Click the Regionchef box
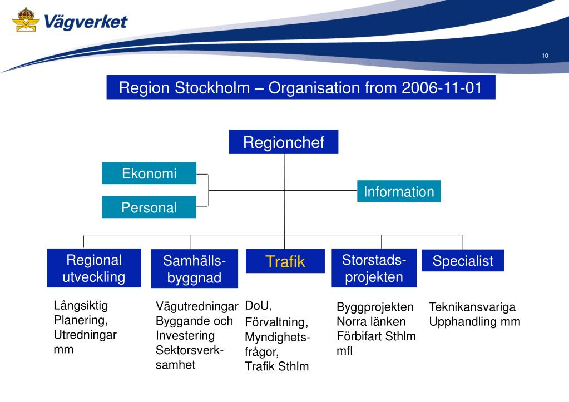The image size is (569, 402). pyautogui.click(x=283, y=142)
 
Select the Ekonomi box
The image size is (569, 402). pyautogui.click(x=149, y=173)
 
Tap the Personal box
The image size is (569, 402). pyautogui.click(x=149, y=207)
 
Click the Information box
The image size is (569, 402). pyautogui.click(x=398, y=192)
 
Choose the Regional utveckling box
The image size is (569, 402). pyautogui.click(x=93, y=269)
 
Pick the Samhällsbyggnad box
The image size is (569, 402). pyautogui.click(x=194, y=269)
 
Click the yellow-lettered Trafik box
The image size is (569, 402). pyautogui.click(x=285, y=261)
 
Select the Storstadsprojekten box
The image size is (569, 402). pyautogui.click(x=374, y=268)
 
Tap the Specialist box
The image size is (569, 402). pyautogui.click(x=462, y=261)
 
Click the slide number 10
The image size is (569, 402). pyautogui.click(x=545, y=56)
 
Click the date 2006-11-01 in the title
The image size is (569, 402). pyautogui.click(x=441, y=88)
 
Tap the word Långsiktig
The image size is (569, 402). pyautogui.click(x=81, y=305)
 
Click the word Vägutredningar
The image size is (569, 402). pyautogui.click(x=197, y=306)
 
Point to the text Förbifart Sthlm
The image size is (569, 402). pyautogui.click(x=376, y=336)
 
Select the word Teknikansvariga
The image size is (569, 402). pyautogui.click(x=472, y=307)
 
